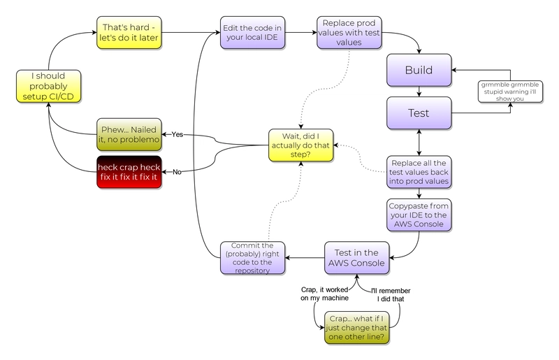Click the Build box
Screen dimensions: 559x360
click(x=419, y=71)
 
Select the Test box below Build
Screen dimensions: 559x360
click(x=419, y=113)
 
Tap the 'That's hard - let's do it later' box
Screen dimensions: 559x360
click(x=129, y=32)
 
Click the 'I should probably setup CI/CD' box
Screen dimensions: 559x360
click(x=48, y=87)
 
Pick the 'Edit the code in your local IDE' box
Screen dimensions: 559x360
click(x=252, y=32)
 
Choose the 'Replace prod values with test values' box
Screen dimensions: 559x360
click(x=349, y=32)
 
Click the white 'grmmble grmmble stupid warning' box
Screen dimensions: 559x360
click(x=510, y=92)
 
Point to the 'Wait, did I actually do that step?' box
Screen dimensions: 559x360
click(x=301, y=145)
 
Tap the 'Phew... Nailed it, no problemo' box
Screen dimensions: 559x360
click(x=129, y=134)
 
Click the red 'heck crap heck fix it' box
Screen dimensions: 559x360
click(x=129, y=172)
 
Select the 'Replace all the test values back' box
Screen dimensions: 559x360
click(x=419, y=172)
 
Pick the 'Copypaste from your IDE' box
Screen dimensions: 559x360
click(x=419, y=215)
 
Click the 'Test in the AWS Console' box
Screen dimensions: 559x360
click(x=356, y=258)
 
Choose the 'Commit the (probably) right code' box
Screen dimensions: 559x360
click(x=252, y=258)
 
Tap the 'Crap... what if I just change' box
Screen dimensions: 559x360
click(x=356, y=328)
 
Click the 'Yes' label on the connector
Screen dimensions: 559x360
click(x=177, y=134)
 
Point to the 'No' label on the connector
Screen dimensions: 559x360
click(x=177, y=172)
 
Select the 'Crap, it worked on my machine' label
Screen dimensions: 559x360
click(x=324, y=294)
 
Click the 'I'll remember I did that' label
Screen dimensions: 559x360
click(x=391, y=295)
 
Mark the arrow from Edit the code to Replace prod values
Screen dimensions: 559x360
click(x=301, y=32)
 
